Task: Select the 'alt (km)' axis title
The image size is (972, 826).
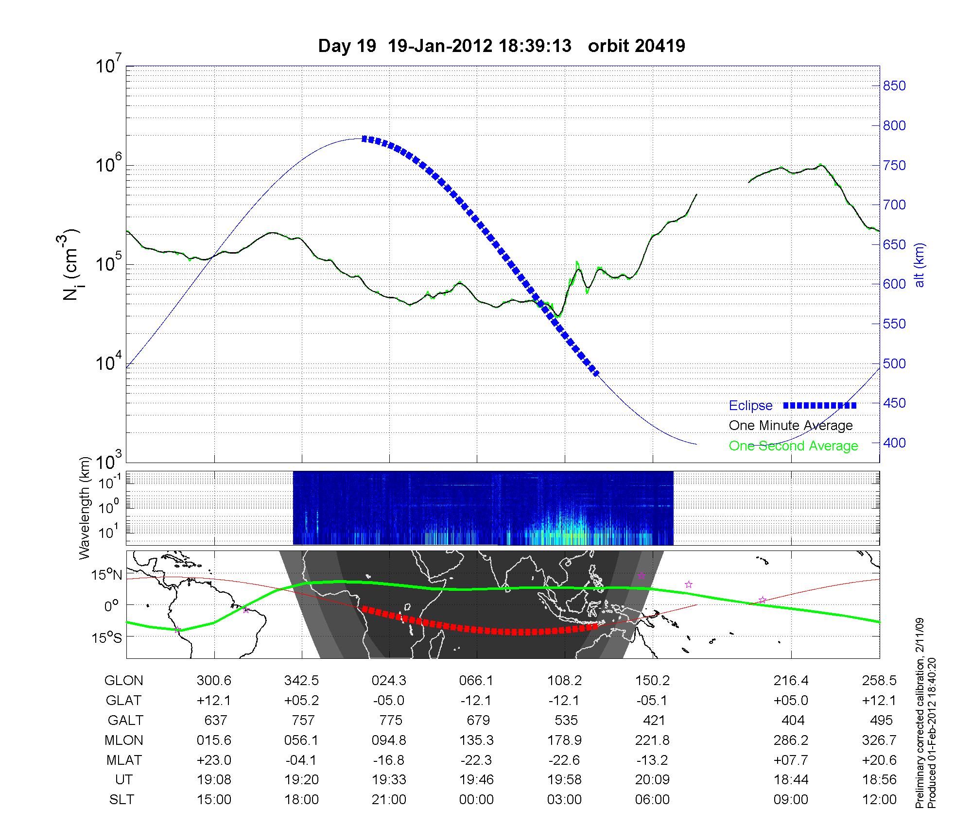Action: tap(920, 265)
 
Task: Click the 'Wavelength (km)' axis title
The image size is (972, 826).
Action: tap(85, 508)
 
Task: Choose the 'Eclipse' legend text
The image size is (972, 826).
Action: tap(750, 406)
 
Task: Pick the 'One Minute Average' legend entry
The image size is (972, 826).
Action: tap(791, 426)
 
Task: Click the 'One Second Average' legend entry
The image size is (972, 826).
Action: tap(793, 446)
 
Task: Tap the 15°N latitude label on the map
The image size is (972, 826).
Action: tap(107, 575)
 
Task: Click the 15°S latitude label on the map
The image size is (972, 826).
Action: tap(107, 637)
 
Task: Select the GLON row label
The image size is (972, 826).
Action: tap(123, 681)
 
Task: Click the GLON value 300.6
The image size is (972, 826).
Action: tap(214, 681)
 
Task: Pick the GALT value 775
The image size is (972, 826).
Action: tap(390, 720)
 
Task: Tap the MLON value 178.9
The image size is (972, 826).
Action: tap(565, 740)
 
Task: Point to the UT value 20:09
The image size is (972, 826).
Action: tap(652, 780)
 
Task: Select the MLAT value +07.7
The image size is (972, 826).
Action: tap(791, 760)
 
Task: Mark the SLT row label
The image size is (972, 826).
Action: tap(121, 800)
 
